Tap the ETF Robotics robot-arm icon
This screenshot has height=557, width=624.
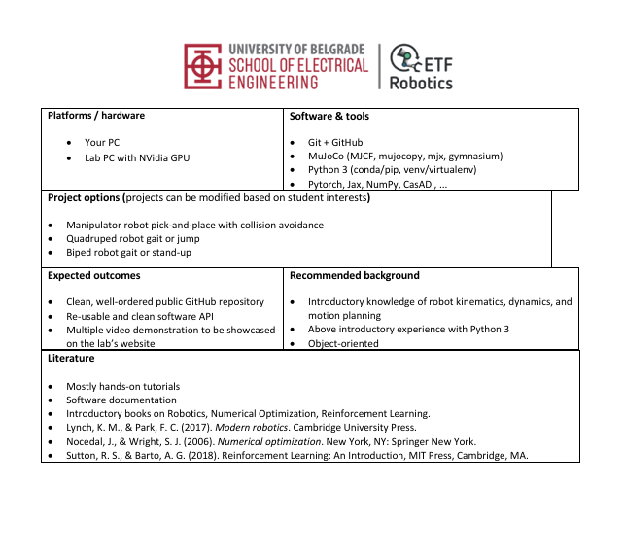click(410, 62)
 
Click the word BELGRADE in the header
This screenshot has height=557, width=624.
click(335, 49)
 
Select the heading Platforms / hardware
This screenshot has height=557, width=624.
click(96, 116)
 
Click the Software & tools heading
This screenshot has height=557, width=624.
click(329, 116)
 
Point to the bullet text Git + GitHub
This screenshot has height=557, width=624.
click(335, 142)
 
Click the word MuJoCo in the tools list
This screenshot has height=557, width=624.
click(328, 156)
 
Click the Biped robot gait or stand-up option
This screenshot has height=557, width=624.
click(128, 253)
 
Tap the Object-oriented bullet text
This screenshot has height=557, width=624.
click(343, 343)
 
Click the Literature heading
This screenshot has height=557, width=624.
click(71, 359)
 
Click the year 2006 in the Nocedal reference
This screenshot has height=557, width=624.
click(194, 440)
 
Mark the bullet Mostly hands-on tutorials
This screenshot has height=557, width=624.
click(123, 386)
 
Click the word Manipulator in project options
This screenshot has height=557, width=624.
click(95, 226)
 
